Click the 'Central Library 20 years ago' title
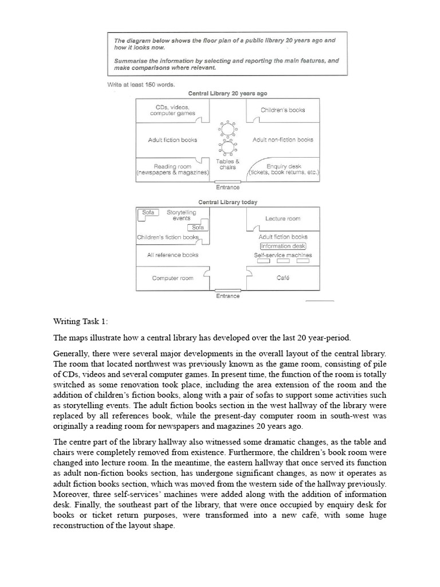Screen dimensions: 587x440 click(x=228, y=93)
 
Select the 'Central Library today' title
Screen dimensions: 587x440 click(x=228, y=202)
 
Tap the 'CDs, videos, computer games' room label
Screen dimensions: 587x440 click(x=172, y=110)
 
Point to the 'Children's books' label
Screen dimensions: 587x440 click(x=282, y=109)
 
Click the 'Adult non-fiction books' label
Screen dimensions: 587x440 click(x=282, y=140)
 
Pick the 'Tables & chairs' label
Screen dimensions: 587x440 click(x=228, y=165)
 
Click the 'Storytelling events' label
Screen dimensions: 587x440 click(x=181, y=215)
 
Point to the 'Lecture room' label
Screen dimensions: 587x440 click(x=282, y=218)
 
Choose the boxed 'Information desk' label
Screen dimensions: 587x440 click(x=283, y=246)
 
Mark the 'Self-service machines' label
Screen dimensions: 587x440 click(x=283, y=255)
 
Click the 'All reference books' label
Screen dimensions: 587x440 click(x=172, y=255)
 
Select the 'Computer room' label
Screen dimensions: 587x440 click(x=172, y=278)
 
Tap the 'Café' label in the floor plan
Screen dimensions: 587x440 click(x=282, y=278)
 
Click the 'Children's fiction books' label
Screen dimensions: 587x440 click(x=168, y=237)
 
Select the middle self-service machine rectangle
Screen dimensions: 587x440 click(x=283, y=261)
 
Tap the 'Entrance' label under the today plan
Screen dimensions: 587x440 click(x=227, y=296)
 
